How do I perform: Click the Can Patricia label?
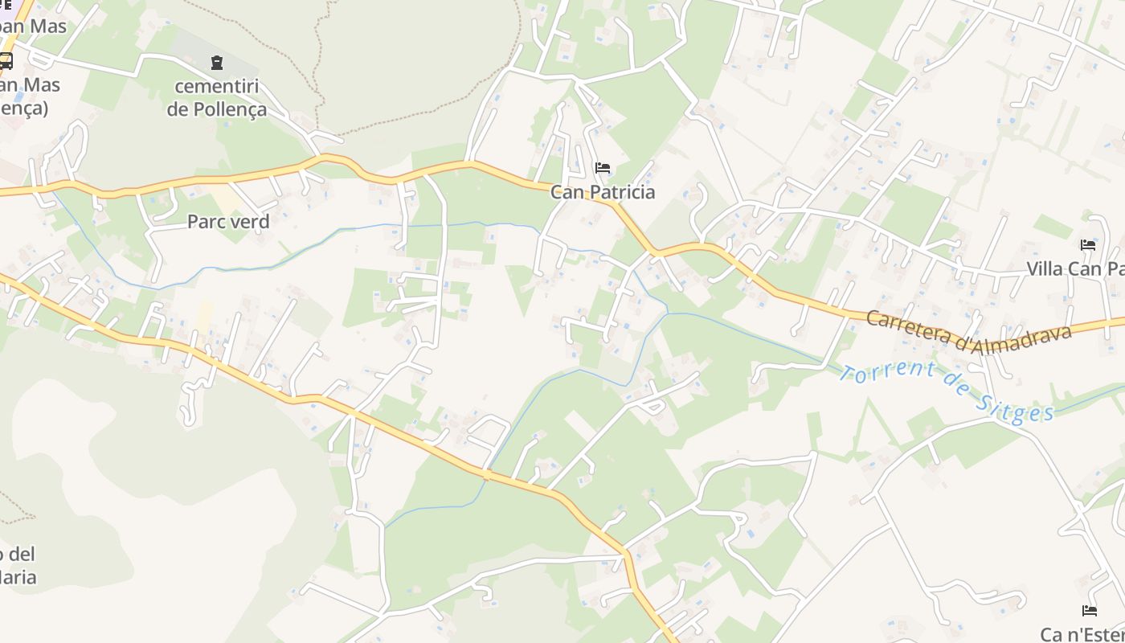(x=603, y=192)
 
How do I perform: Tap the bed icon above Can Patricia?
(x=603, y=168)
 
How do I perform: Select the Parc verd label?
(x=228, y=222)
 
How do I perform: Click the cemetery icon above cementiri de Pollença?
(x=217, y=63)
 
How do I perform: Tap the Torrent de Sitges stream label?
(x=947, y=391)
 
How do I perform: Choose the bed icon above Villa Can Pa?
(x=1089, y=245)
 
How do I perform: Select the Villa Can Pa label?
(x=1075, y=269)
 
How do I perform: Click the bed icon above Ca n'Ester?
(x=1090, y=611)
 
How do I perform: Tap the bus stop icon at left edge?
(x=5, y=61)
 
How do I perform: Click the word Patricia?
(x=621, y=192)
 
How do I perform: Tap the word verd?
(x=250, y=222)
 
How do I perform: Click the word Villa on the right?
(x=1045, y=269)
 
